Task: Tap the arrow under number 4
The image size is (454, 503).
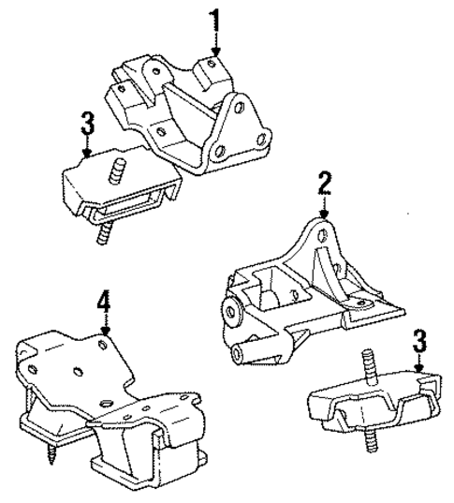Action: [x=105, y=326]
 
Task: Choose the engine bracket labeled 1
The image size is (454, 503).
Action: [x=187, y=112]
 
